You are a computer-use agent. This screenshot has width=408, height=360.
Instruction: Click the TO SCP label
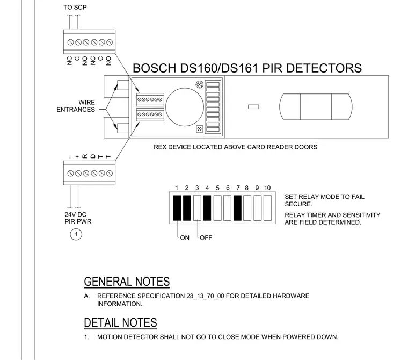(x=75, y=8)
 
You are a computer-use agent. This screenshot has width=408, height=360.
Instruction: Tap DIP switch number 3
(x=197, y=208)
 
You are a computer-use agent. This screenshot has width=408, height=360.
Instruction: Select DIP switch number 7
(x=237, y=208)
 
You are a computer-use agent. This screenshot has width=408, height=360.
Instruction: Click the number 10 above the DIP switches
(x=267, y=188)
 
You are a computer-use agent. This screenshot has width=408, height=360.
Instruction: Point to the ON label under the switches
(x=185, y=238)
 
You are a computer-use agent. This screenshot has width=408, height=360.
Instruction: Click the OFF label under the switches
(x=206, y=238)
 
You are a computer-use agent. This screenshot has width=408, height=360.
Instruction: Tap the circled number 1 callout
(x=76, y=234)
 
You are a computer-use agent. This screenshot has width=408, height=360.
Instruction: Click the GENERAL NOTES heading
(x=127, y=282)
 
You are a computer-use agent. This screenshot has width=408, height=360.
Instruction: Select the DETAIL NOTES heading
(x=120, y=323)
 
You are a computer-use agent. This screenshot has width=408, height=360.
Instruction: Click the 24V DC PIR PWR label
(x=78, y=218)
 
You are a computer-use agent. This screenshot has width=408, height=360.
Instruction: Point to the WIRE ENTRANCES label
(x=76, y=106)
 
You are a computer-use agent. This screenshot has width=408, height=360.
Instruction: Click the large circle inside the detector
(x=185, y=107)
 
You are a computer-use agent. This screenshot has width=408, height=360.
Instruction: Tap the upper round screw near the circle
(x=199, y=85)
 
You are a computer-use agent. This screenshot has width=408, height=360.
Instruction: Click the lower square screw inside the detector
(x=200, y=129)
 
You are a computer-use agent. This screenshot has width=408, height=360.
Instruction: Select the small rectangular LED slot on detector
(x=253, y=107)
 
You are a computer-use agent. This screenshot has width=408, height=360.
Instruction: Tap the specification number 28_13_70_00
(x=205, y=296)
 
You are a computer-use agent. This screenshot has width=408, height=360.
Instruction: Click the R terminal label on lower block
(x=85, y=156)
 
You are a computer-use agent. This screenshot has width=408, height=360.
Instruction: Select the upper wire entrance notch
(x=123, y=85)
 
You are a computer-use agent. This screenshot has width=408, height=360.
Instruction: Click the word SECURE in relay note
(x=298, y=204)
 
